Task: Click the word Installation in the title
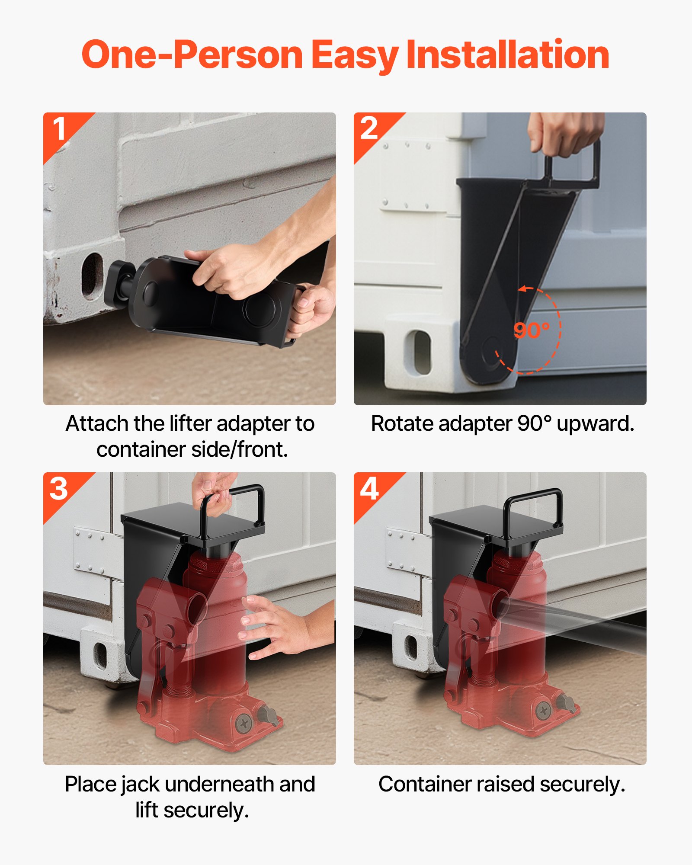tap(508, 55)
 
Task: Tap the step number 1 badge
tap(60, 129)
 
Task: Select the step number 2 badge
tap(369, 128)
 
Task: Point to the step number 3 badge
tap(59, 489)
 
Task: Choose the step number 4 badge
tap(369, 489)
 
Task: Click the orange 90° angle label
tap(531, 330)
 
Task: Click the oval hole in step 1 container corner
tap(92, 276)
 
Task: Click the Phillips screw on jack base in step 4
tap(543, 710)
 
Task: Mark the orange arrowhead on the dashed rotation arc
tap(523, 288)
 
